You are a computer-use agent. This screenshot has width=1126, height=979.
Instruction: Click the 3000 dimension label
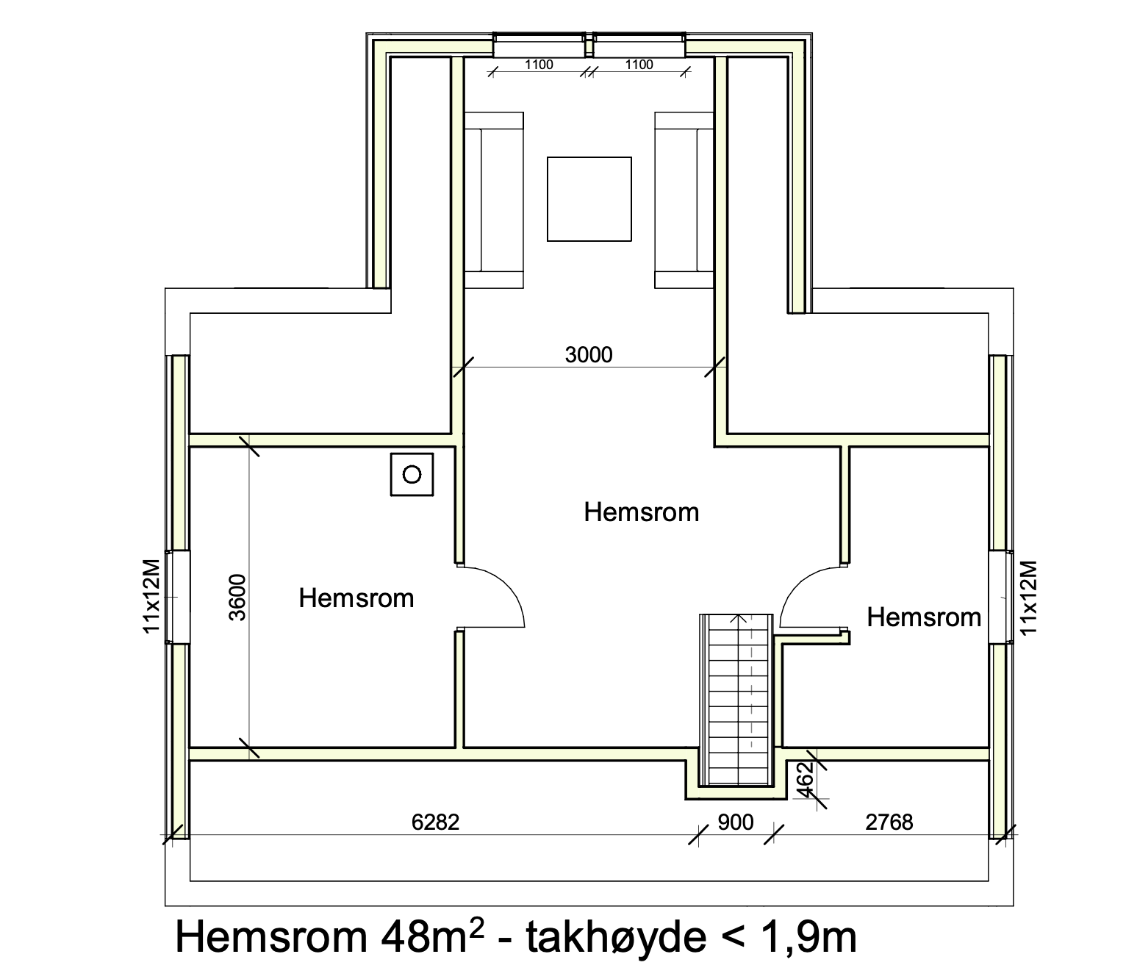pos(588,355)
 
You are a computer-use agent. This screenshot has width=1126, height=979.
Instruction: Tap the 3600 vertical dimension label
pos(237,598)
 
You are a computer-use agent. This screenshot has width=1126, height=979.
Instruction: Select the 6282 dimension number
pos(435,822)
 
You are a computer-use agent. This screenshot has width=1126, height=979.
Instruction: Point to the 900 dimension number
pos(736,822)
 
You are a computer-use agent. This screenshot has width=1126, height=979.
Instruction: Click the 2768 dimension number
pos(889,822)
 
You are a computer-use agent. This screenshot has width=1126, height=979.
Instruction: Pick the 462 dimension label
pos(806,779)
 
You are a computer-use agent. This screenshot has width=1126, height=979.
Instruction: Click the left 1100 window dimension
pos(539,65)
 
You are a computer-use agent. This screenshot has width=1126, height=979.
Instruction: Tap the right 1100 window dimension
pos(639,65)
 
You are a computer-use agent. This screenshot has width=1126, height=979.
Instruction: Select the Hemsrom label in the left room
pos(356,598)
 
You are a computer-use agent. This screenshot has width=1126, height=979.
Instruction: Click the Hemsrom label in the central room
pos(642,512)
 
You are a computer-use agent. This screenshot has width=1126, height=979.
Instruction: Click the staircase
pos(736,700)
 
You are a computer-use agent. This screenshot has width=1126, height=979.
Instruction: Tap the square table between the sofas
pos(589,199)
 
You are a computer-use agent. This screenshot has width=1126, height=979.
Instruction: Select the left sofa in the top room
pos(494,201)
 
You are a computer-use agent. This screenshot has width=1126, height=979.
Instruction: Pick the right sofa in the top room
pos(684,201)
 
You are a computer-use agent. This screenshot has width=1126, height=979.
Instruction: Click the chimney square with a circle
pos(412,474)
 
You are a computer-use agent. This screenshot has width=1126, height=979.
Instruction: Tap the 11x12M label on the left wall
pos(151,597)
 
